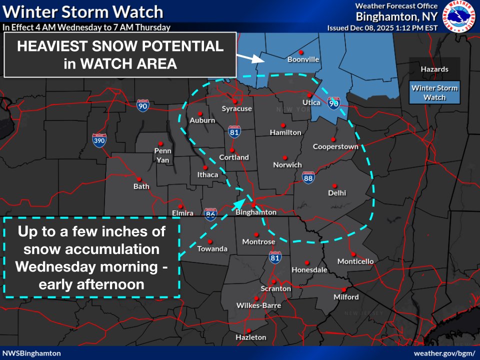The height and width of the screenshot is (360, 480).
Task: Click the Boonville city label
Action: point(303,59)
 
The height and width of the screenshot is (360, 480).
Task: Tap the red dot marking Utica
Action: point(310,95)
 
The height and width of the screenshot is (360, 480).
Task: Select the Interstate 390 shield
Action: point(99,140)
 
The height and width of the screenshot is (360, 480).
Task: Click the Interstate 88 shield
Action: point(308,177)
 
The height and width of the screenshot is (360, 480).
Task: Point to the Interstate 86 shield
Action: point(210,214)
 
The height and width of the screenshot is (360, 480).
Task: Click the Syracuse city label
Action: point(237,108)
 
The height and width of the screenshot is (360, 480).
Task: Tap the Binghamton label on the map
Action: point(256,212)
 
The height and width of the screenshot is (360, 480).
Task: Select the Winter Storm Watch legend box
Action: point(434,92)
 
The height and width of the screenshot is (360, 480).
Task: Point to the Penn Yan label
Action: point(162,154)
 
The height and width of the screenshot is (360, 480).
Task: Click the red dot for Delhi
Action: point(334,185)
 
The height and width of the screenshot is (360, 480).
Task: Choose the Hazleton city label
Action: point(251,337)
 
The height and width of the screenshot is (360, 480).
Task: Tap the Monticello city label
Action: point(355,261)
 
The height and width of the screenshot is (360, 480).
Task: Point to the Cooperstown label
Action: point(335,146)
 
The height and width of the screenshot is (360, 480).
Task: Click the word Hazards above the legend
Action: point(434,69)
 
